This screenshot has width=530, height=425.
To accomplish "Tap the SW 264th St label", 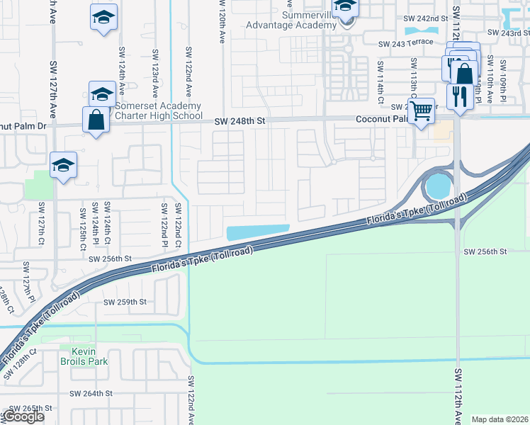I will tap(91, 393).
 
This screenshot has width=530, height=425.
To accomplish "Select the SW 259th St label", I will tap(125, 302).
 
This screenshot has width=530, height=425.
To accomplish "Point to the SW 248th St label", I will tap(240, 122).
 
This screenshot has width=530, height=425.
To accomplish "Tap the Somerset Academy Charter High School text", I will tap(158, 110).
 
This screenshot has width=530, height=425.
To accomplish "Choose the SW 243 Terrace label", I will tap(405, 44).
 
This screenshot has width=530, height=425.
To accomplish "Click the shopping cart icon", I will tap(422, 110).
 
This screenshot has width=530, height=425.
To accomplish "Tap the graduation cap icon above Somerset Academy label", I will tap(102, 93).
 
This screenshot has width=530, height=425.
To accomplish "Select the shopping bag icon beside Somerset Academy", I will tap(96, 120).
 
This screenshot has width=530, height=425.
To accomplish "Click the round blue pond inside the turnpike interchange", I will tap(437, 186).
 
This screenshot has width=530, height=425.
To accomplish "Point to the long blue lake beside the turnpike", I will tap(257, 232).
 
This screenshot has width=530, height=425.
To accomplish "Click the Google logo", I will tap(23, 416).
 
